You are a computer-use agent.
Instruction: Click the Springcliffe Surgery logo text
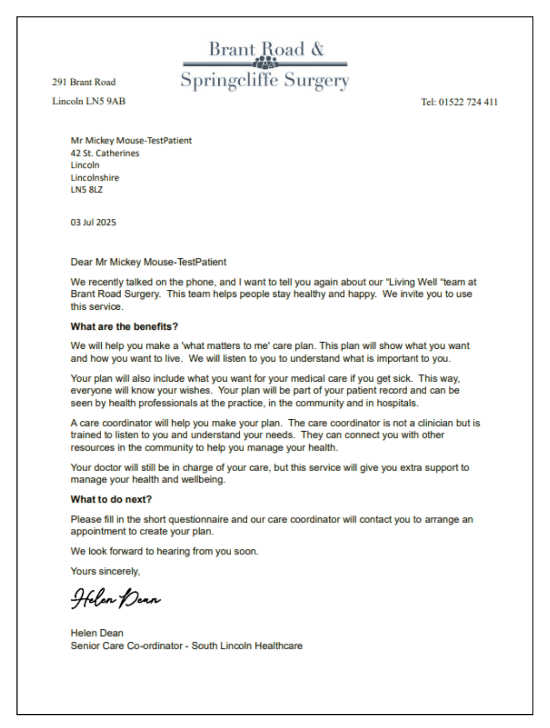tap(264, 81)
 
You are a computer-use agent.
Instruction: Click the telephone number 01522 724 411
tap(459, 102)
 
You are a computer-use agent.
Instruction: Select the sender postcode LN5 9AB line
tap(88, 101)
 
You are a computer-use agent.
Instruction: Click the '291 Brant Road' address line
tap(84, 82)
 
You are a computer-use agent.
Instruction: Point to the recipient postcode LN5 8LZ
tap(86, 190)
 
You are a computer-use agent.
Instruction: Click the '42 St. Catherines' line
tap(105, 153)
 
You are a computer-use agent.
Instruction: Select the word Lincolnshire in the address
tap(94, 178)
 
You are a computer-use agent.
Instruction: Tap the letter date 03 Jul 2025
tap(93, 222)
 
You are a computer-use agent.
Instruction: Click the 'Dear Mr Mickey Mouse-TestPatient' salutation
tap(148, 262)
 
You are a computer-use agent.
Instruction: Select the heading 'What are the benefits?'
tap(124, 327)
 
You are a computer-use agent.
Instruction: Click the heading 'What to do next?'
tap(111, 499)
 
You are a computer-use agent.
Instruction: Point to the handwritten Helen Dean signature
tap(116, 600)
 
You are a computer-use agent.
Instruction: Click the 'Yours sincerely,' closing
tap(105, 571)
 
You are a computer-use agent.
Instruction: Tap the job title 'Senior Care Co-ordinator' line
tap(186, 646)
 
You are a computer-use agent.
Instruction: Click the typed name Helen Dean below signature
tap(97, 633)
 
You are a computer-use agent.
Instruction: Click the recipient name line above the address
tap(131, 141)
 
